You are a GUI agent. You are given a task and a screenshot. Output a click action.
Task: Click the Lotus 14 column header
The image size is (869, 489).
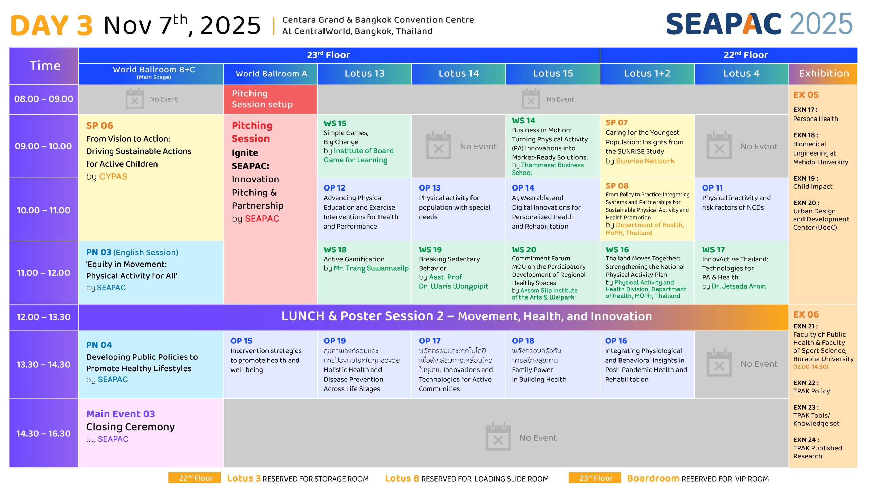tap(459, 73)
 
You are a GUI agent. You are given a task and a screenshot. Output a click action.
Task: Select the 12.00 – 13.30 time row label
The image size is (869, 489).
tap(43, 317)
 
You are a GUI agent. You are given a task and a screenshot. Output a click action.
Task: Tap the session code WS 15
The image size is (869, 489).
tap(335, 123)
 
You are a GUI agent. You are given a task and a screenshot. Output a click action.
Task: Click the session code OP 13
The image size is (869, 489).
tap(429, 188)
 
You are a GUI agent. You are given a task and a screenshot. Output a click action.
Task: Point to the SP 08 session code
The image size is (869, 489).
tap(617, 186)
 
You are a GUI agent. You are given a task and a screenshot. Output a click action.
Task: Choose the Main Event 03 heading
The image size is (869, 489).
tap(121, 414)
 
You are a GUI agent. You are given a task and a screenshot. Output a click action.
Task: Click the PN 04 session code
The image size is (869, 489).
tap(99, 345)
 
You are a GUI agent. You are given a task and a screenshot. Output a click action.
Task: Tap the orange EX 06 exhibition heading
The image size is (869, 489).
tap(806, 314)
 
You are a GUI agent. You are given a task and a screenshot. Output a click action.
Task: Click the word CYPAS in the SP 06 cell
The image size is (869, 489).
tap(113, 177)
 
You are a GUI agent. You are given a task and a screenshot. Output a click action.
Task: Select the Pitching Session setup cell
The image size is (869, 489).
tap(270, 99)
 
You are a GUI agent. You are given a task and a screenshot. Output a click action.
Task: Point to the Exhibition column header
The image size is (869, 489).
tap(824, 73)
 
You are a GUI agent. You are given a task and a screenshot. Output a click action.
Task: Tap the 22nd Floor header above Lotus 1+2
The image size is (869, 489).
tap(746, 55)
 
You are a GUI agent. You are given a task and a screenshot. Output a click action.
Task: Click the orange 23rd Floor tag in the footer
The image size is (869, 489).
tap(596, 478)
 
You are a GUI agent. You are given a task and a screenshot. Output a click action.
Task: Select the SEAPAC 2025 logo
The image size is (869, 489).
tap(759, 24)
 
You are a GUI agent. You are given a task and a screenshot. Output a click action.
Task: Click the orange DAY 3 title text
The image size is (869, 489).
tap(52, 25)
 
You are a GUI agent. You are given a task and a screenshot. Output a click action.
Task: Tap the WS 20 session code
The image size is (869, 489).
tap(524, 250)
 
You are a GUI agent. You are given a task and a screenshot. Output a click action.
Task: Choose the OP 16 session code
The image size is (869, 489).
tap(616, 341)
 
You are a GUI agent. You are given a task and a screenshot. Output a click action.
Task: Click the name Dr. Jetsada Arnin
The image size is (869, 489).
tap(739, 286)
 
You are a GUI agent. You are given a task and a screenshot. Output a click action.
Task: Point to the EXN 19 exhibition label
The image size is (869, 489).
tap(806, 178)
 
